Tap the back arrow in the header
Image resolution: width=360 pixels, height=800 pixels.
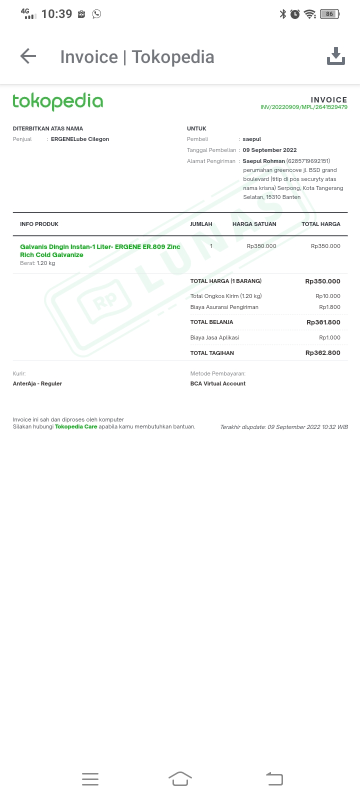[28, 56]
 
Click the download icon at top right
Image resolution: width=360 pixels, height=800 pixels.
[335, 56]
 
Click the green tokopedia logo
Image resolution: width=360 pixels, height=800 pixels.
[57, 101]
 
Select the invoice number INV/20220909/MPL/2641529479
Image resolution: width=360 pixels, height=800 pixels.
[303, 107]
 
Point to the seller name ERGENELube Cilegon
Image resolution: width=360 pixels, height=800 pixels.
[80, 139]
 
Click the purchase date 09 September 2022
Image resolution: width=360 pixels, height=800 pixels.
[269, 150]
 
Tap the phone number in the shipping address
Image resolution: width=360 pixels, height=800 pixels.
[308, 161]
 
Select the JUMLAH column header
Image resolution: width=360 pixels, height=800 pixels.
[201, 224]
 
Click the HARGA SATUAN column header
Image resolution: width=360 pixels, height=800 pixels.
[254, 224]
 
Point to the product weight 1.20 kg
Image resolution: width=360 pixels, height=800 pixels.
[45, 263]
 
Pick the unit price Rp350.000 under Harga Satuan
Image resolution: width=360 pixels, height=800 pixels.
[261, 246]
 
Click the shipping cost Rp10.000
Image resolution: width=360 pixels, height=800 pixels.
[328, 296]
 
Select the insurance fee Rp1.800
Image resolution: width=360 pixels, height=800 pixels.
[329, 307]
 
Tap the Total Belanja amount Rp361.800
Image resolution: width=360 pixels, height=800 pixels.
[323, 322]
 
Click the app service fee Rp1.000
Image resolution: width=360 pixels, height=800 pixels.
[329, 337]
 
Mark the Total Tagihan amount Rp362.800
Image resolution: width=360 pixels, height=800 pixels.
[322, 353]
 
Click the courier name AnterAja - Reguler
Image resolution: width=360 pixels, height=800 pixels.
[37, 383]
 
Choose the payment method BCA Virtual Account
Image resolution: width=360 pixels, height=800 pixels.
[218, 383]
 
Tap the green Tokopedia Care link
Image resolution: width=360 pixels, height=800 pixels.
[76, 426]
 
